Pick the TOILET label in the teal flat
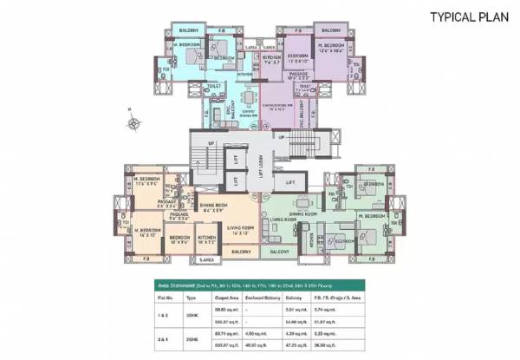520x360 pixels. point(214,88)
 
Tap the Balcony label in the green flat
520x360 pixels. point(279,252)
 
